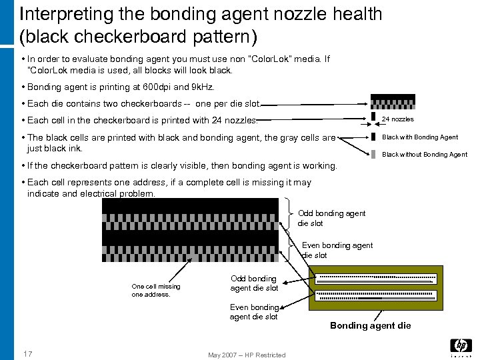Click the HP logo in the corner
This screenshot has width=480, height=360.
[x=461, y=346]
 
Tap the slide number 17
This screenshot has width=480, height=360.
[x=27, y=353]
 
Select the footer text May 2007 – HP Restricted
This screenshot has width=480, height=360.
[x=246, y=355]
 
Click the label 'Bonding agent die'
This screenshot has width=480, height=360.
[x=371, y=325]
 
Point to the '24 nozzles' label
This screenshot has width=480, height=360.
[x=397, y=119]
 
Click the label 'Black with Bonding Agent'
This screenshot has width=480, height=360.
[x=419, y=137]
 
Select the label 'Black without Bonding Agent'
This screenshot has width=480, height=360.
[x=424, y=155]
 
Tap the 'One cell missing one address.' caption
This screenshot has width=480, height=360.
[x=156, y=290]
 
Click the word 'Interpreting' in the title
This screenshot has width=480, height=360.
[x=66, y=13]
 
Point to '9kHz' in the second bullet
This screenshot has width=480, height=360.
[x=200, y=87]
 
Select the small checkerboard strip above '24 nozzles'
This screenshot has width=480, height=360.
[x=393, y=103]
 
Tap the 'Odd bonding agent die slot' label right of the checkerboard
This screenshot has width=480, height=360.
[x=331, y=218]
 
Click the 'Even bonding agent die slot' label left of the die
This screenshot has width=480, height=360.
[x=254, y=312]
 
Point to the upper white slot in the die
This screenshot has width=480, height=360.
[x=375, y=279]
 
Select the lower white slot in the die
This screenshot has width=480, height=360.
[x=375, y=294]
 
